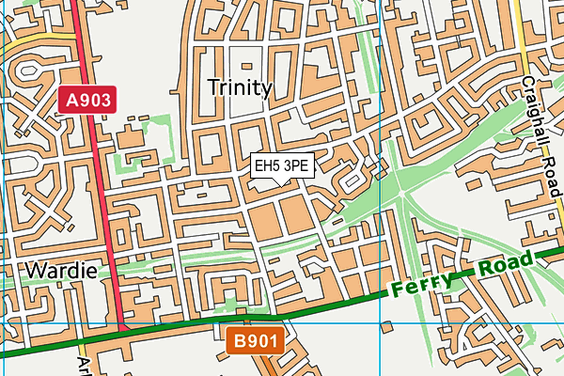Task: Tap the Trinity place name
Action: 240,88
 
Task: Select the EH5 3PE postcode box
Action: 282,165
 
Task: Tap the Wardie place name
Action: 61,271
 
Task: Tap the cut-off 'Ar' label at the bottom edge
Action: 83,363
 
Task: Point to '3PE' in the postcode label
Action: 296,165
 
